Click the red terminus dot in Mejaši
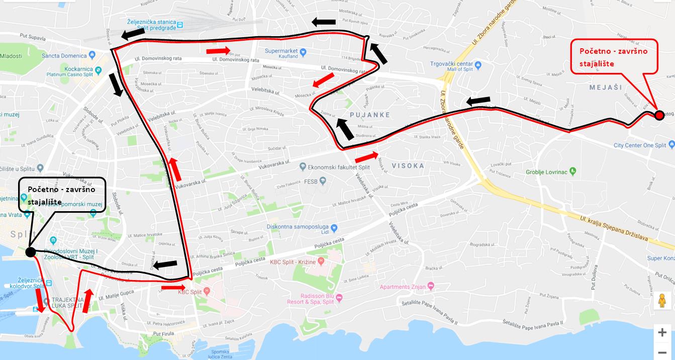659,116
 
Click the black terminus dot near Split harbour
30,252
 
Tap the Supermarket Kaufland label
281,51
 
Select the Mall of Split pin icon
478,64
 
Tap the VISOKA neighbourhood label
408,165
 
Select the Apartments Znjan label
403,287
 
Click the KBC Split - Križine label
294,261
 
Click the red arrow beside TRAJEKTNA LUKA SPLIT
39,300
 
